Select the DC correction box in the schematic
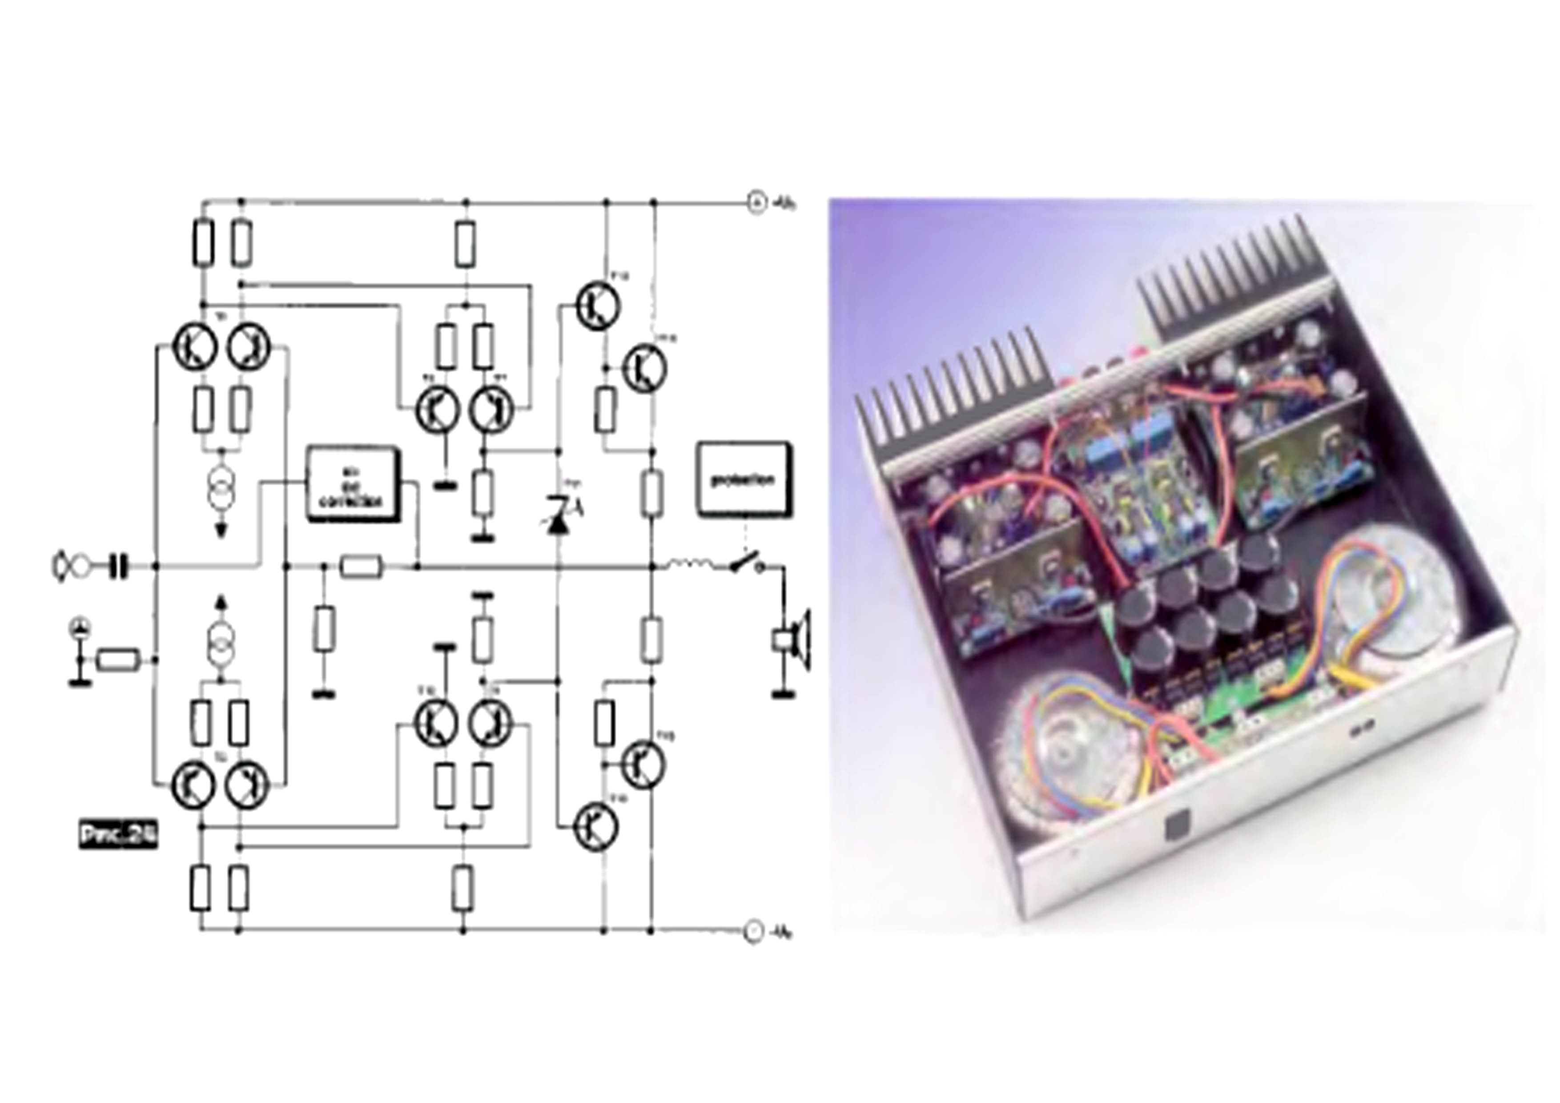[x=353, y=484]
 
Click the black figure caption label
[x=117, y=835]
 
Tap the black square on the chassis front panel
[x=1178, y=826]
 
